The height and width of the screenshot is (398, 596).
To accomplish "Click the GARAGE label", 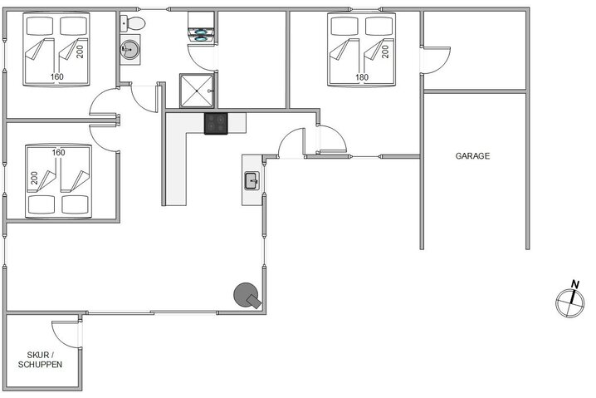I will [473, 155].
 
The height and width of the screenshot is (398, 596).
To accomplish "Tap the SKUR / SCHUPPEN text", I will [40, 359].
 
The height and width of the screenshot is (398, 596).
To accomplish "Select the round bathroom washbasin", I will [130, 51].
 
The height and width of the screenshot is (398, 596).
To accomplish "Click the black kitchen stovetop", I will [216, 123].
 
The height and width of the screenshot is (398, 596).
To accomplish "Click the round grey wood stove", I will [247, 294].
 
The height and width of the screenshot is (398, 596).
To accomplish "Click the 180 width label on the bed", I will [362, 78].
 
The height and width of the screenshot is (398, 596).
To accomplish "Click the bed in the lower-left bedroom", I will [57, 180].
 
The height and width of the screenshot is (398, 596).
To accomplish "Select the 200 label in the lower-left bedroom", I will [34, 179].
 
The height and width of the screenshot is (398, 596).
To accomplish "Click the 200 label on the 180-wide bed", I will [385, 50].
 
